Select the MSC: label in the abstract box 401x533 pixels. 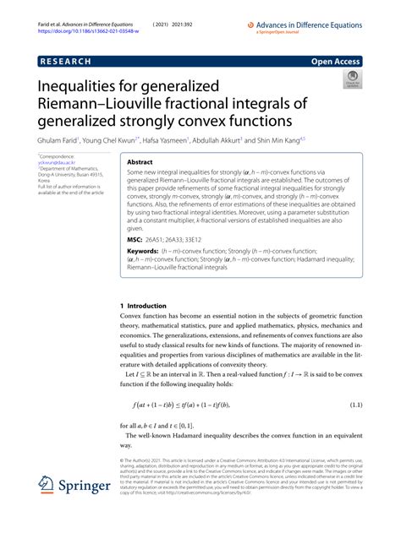click(112, 237)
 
